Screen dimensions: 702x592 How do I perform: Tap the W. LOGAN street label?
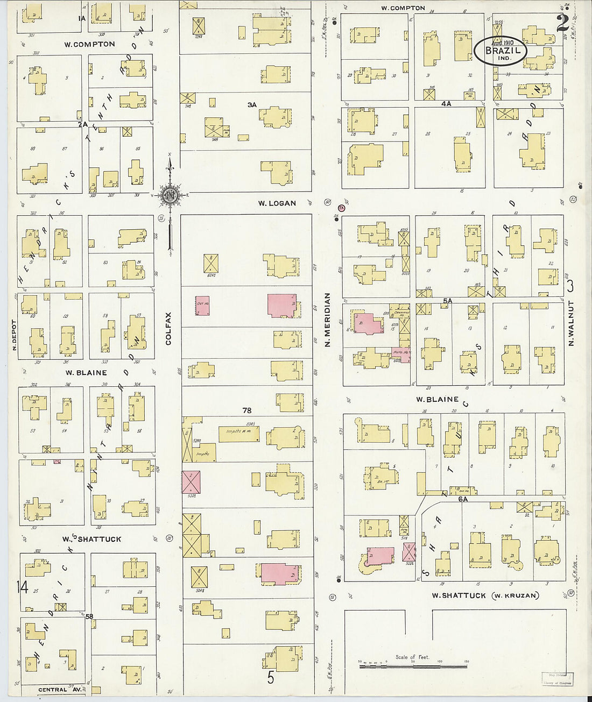[x=277, y=203]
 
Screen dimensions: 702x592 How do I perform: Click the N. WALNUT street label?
[x=571, y=323]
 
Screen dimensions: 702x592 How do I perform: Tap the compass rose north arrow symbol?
[x=170, y=196]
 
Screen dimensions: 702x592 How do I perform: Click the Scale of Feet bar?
[x=413, y=666]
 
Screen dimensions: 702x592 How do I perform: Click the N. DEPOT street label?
[x=15, y=336]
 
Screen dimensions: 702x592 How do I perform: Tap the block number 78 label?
[x=246, y=410]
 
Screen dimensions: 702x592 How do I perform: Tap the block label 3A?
[x=252, y=105]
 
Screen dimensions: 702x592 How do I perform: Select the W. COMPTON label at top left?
[x=89, y=44]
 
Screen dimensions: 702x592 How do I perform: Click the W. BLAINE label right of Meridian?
[x=437, y=399]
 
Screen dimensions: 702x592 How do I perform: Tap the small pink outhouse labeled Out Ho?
[x=202, y=305]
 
